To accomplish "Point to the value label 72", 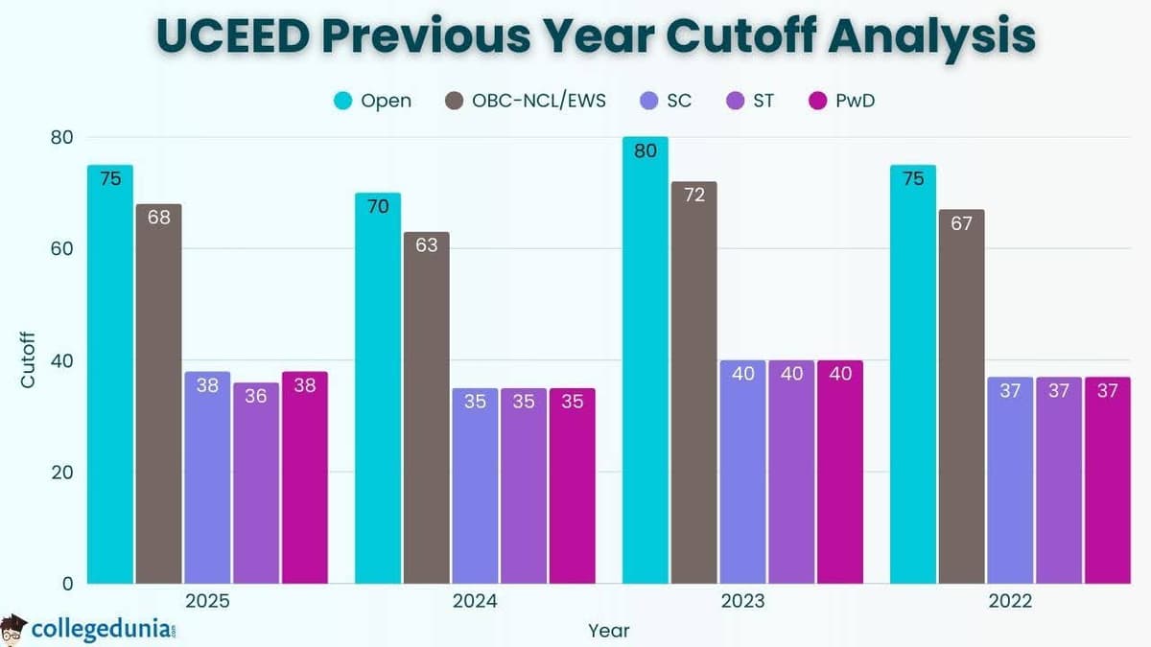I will [x=694, y=196].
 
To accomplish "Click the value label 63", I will [x=426, y=245].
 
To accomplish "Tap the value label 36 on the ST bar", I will [x=255, y=396].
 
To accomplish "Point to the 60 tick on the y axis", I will [x=60, y=248].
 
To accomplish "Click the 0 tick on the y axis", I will [x=66, y=583].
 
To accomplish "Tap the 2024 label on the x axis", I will [x=475, y=602].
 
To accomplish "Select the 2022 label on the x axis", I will [x=1010, y=602].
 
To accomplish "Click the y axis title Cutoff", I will [x=28, y=359].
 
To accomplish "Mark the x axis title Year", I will [x=608, y=630].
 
